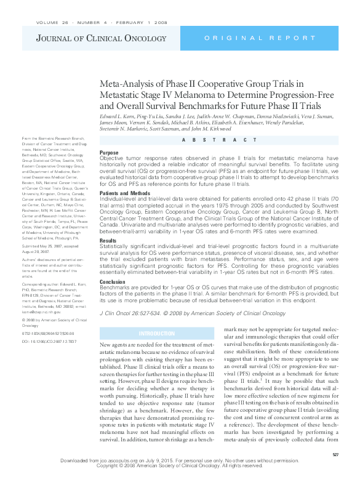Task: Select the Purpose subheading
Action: [x=109, y=152]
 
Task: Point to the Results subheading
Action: [x=108, y=240]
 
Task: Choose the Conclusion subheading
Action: [x=113, y=282]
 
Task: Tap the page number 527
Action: [x=335, y=454]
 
